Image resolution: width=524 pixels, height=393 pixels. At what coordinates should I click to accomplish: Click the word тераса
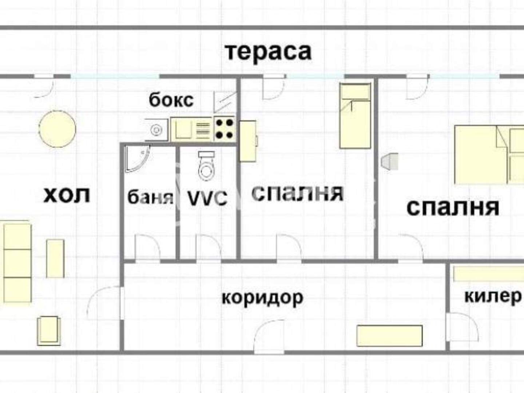269,53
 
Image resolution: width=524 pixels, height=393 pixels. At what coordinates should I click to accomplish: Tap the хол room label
67,195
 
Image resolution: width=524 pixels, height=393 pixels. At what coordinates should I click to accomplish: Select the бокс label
171,100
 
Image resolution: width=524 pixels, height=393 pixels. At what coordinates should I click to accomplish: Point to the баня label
150,197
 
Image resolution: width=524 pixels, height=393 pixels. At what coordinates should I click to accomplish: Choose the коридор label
262,298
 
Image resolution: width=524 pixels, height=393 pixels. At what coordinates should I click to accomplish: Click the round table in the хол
57,129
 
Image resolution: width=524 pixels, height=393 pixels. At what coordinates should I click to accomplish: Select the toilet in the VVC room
206,166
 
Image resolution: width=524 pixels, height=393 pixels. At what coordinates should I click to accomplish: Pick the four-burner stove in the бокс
225,129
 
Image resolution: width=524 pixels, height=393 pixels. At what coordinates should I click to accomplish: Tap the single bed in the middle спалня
356,116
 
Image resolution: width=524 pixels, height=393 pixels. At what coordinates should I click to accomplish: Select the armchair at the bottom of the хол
49,331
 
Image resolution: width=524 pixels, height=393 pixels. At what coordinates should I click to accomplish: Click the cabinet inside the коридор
390,336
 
